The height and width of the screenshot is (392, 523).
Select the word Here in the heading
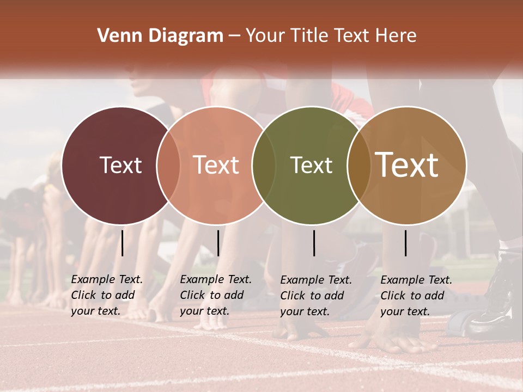tap(397, 36)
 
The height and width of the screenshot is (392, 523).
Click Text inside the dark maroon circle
tap(120, 165)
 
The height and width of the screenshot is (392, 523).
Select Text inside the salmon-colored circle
tap(216, 165)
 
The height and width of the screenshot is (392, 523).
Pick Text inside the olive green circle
tap(311, 165)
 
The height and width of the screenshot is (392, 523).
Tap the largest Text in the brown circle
tap(407, 165)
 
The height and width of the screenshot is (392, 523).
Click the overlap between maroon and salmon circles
tap(168, 165)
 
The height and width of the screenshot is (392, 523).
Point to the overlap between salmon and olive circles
tap(263, 165)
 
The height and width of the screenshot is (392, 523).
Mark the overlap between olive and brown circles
tap(357, 165)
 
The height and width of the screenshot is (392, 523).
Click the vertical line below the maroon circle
tap(122, 243)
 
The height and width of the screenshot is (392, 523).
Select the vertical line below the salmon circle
tap(218, 243)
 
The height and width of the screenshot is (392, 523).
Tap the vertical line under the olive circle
tap(314, 243)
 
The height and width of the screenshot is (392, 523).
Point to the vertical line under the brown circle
tap(405, 243)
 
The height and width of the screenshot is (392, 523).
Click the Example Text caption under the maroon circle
tap(107, 295)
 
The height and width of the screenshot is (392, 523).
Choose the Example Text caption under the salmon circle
tap(216, 295)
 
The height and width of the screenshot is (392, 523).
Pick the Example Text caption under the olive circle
tap(316, 296)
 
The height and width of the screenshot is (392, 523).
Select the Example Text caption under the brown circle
tap(416, 296)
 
